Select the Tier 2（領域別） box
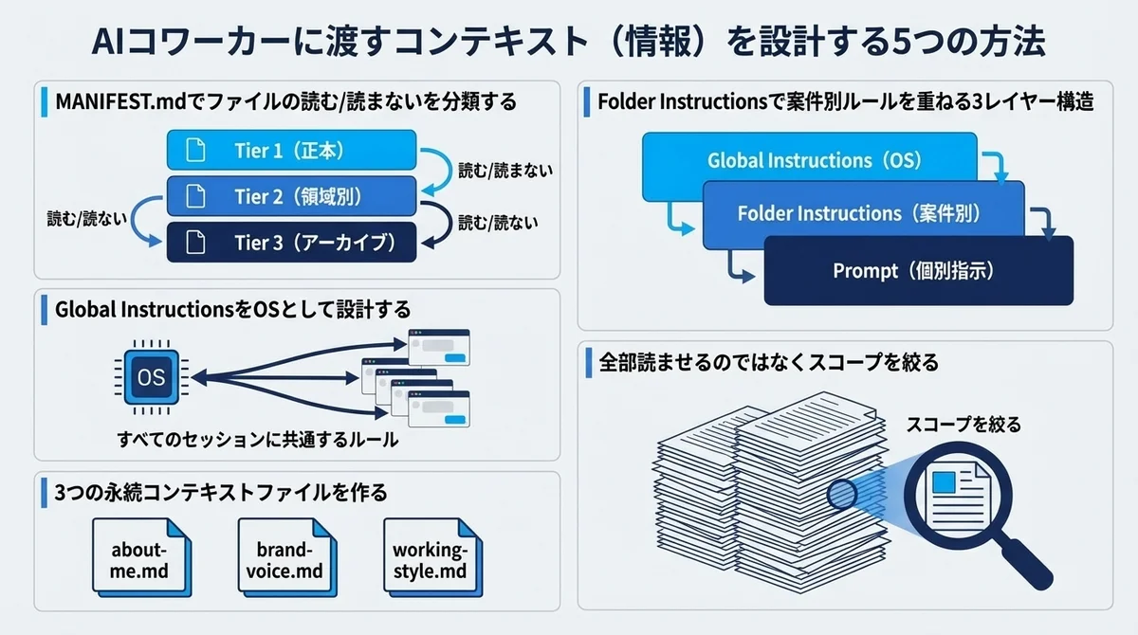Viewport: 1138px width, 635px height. tap(292, 196)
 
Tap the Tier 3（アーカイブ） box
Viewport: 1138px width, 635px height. tap(292, 242)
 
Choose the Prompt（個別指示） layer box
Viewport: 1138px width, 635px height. tap(918, 271)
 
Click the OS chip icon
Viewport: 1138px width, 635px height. tap(151, 377)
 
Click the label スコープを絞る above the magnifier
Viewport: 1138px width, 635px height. tap(964, 424)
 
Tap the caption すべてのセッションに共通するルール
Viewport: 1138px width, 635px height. tap(257, 441)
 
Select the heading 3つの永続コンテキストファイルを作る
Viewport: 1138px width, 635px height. tap(221, 493)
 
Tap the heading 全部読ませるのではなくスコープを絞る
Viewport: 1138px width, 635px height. tap(768, 362)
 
